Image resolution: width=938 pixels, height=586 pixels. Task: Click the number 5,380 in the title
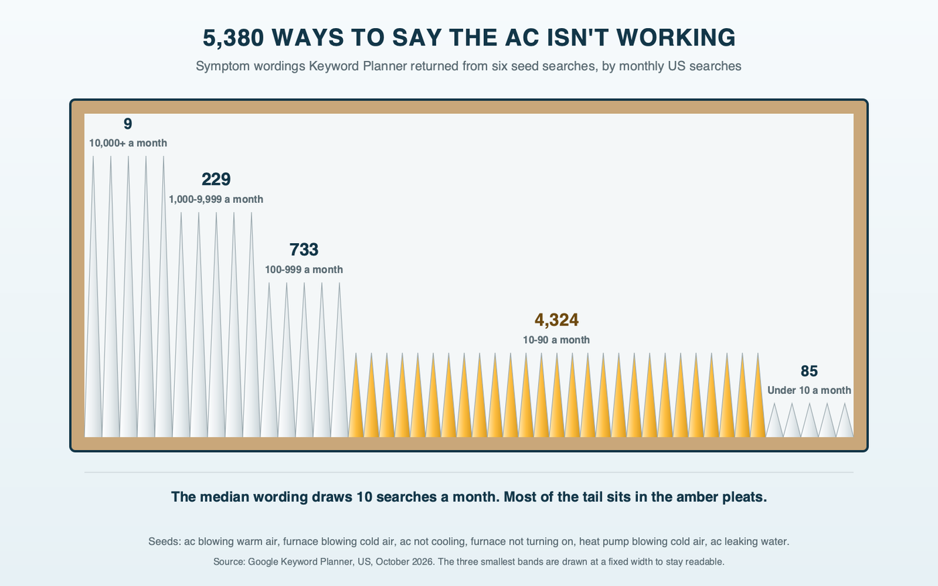[x=233, y=38]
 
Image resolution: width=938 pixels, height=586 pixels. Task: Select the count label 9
[x=128, y=124]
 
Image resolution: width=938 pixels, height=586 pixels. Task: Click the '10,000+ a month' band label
[x=128, y=143]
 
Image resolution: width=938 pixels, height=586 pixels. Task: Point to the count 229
[x=216, y=179]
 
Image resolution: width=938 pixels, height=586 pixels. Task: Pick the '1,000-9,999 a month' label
[x=216, y=200]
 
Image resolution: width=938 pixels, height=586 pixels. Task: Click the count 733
[x=304, y=249]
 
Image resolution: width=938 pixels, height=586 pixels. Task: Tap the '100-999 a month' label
[x=304, y=269]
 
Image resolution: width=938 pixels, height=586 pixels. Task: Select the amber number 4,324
[x=557, y=320]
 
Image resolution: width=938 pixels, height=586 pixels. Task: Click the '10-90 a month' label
[x=557, y=340]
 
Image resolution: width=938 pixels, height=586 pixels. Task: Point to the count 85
[x=809, y=371]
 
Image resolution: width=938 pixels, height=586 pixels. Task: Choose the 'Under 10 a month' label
[x=809, y=390]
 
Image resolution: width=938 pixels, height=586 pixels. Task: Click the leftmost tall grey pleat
[x=93, y=335]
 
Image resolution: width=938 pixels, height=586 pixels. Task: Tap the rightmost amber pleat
[x=758, y=410]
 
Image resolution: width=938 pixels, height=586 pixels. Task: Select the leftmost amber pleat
[x=356, y=410]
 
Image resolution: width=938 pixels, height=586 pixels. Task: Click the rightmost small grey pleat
[x=845, y=425]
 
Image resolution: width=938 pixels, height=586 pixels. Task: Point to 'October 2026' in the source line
[x=404, y=562]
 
